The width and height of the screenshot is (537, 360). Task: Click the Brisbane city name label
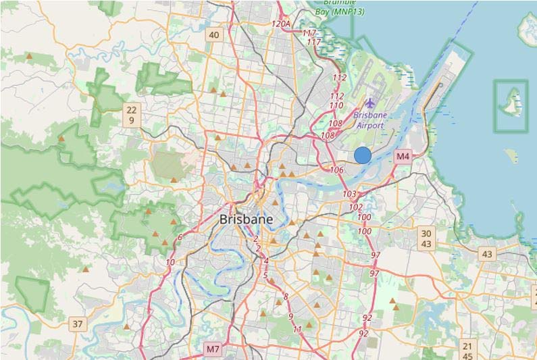247,220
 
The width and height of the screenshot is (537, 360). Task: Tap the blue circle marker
363,155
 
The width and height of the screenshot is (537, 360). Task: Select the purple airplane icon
369,103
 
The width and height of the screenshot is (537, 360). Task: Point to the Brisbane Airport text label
369,120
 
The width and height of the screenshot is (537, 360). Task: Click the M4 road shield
403,156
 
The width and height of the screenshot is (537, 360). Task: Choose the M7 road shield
213,349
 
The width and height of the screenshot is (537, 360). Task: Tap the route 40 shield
214,35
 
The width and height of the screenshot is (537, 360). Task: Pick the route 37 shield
78,324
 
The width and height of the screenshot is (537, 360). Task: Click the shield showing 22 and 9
131,115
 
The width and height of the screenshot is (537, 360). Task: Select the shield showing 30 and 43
426,238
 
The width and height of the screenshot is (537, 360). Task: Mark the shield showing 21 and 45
467,351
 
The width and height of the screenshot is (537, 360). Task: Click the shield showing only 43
486,254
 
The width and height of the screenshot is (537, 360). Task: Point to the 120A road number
280,24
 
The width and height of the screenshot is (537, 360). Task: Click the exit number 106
337,170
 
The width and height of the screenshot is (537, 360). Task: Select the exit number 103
349,194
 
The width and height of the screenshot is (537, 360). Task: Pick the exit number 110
336,105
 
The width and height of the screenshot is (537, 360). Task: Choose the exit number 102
356,207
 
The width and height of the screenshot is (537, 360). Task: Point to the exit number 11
297,329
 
